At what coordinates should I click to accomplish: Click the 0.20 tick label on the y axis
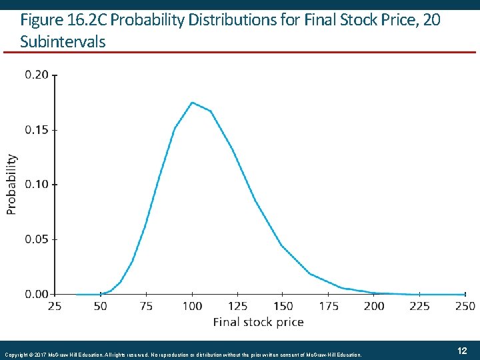pos(37,75)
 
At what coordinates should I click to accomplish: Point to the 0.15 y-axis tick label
pos(37,129)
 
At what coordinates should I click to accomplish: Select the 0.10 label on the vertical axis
pos(37,184)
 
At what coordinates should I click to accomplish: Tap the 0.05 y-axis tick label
pos(37,239)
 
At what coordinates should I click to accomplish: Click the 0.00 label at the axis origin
pos(37,293)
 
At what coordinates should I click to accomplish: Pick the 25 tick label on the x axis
pos(55,306)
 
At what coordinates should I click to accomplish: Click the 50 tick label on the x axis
pos(101,306)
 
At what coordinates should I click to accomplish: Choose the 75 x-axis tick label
pos(146,306)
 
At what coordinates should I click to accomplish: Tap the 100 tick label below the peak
pos(192,306)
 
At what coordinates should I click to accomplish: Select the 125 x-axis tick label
pos(237,306)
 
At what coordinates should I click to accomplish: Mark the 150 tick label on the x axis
pos(283,306)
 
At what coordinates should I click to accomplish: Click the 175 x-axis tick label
pos(329,306)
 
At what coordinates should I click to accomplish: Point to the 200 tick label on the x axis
pos(374,306)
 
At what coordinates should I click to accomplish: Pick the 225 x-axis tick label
pos(419,306)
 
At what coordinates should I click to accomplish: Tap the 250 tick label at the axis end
pos(465,306)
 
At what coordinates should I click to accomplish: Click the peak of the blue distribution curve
pos(192,103)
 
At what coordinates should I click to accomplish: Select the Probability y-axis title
pos(11,184)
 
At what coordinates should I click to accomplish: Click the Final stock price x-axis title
pos(258,322)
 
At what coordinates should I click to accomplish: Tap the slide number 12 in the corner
pos(461,351)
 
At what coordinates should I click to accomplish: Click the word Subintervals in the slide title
pos(63,41)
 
